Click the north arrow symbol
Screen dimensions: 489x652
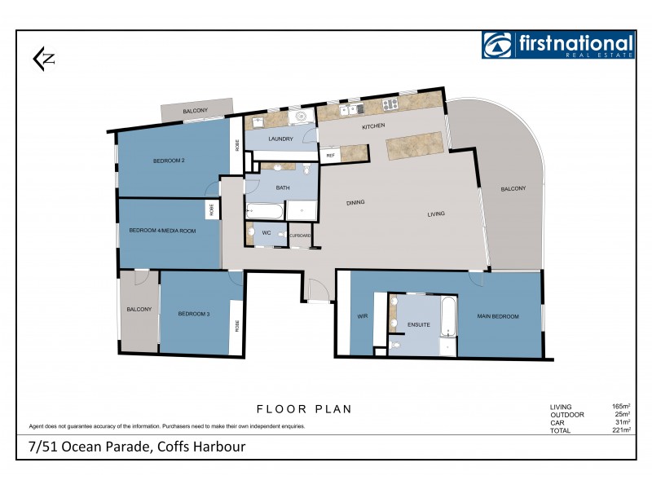click(42, 58)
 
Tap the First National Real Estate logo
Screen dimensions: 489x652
click(557, 45)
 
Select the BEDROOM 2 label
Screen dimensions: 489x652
click(169, 161)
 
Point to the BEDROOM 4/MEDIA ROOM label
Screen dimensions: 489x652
click(163, 231)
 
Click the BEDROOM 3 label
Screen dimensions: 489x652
click(194, 314)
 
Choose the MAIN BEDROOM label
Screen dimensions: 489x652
click(498, 316)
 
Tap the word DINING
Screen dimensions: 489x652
click(355, 202)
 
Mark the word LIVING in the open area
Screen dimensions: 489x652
click(436, 215)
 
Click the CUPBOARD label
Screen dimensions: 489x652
click(301, 235)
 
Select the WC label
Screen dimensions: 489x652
click(266, 233)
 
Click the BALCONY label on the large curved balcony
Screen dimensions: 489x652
click(513, 188)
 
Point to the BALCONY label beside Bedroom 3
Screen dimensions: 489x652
click(139, 309)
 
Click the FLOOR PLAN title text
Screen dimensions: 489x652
click(304, 409)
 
